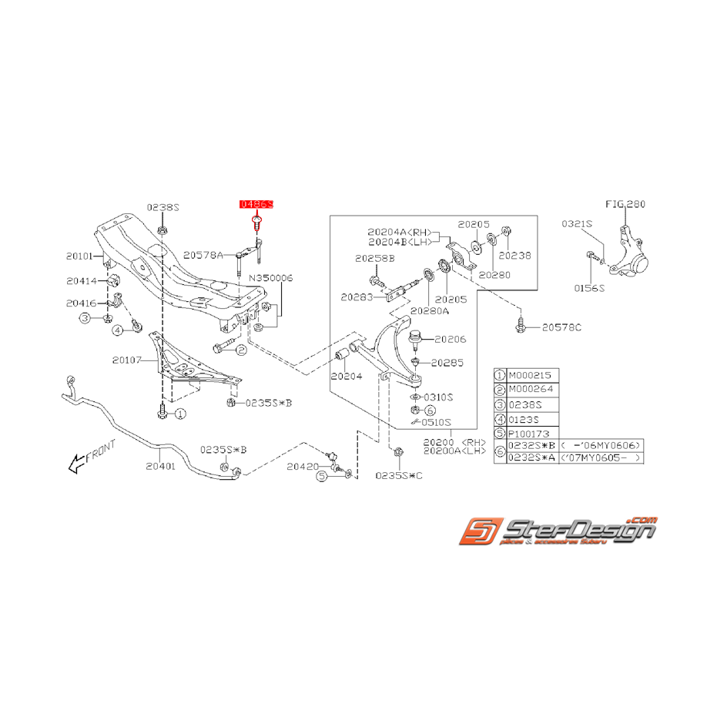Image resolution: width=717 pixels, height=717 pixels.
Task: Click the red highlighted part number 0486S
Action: pyautogui.click(x=256, y=205)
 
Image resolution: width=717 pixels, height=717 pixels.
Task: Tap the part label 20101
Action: pyautogui.click(x=79, y=256)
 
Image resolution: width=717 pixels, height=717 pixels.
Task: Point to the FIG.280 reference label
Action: pyautogui.click(x=625, y=205)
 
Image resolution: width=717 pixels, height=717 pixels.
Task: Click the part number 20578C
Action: pyautogui.click(x=561, y=327)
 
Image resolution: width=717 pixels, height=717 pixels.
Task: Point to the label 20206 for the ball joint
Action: pyautogui.click(x=451, y=338)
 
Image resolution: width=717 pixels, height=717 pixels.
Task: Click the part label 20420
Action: pyautogui.click(x=302, y=467)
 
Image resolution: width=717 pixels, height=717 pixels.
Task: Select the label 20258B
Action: pyautogui.click(x=374, y=258)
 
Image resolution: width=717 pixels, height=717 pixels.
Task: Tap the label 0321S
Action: pyautogui.click(x=576, y=223)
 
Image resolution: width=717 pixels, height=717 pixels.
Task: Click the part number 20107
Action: pyautogui.click(x=127, y=360)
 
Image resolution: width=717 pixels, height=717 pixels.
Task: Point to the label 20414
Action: pyautogui.click(x=82, y=281)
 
